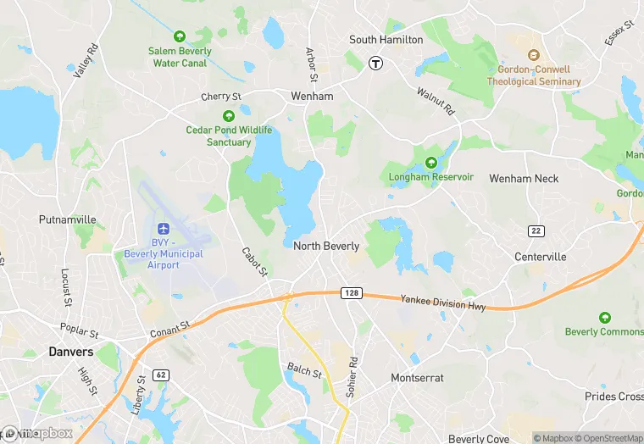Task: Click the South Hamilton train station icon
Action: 375,62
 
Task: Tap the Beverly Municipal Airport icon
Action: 164,229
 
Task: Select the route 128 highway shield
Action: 353,292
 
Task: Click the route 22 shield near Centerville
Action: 536,231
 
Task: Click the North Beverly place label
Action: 326,247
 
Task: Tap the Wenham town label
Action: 312,97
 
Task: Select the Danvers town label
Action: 71,351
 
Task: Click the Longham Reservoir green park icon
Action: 430,163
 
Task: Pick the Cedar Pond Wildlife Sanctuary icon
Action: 228,116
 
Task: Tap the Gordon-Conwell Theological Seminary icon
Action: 534,55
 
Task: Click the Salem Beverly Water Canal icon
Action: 179,36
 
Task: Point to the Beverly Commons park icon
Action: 604,318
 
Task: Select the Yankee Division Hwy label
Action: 444,302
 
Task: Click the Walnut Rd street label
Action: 436,100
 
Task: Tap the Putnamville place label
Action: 67,219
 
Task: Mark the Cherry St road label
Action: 221,97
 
